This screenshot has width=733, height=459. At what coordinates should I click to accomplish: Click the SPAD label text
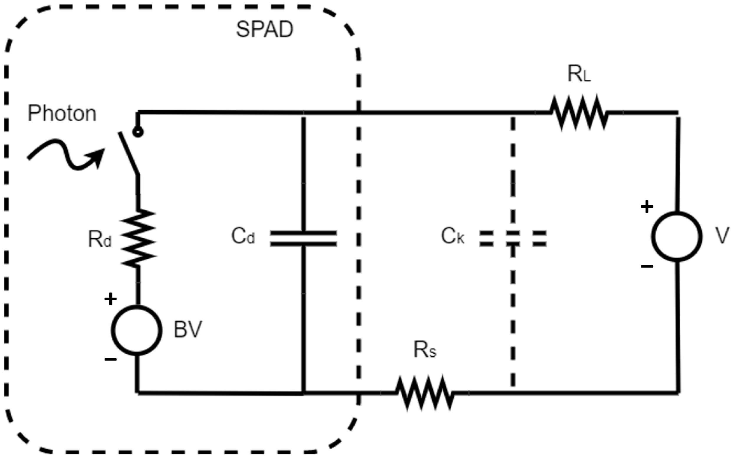(264, 30)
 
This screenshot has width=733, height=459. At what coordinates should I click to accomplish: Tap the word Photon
(62, 114)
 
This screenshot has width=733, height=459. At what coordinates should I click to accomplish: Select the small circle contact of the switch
(138, 132)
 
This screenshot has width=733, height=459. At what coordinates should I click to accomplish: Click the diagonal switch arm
(129, 153)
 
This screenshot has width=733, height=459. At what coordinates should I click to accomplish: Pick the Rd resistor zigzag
(138, 238)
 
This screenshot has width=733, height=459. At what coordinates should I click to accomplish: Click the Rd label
(99, 239)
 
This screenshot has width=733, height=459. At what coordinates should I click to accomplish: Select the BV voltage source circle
(136, 330)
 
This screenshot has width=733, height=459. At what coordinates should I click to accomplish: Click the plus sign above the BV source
(111, 299)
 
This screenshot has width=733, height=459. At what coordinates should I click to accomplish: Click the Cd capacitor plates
(303, 238)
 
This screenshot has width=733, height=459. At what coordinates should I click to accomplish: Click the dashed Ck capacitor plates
(513, 238)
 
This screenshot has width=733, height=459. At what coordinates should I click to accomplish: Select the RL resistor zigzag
(579, 113)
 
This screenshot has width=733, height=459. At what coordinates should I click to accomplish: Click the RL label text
(579, 74)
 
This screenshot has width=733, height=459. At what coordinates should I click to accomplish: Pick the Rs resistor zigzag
(425, 393)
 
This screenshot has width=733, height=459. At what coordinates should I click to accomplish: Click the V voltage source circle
(677, 236)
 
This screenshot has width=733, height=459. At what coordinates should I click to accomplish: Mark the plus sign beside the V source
(647, 207)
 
